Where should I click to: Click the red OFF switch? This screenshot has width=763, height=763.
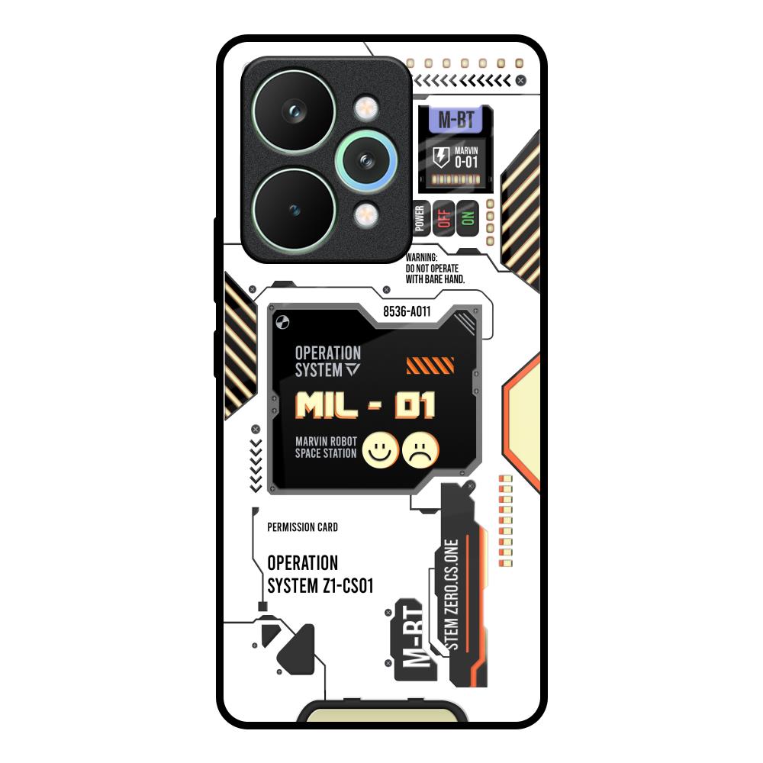[443, 218]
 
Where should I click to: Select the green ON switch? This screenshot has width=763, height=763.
[467, 218]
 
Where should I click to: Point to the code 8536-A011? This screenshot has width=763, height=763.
[407, 311]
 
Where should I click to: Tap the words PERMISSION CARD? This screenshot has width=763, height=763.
[303, 527]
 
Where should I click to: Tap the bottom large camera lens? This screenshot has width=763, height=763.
[294, 208]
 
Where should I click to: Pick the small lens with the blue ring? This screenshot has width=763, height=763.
[365, 160]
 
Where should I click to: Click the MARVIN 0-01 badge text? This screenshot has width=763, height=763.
[466, 158]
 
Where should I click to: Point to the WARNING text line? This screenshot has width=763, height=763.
[421, 259]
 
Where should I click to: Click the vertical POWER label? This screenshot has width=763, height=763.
[419, 218]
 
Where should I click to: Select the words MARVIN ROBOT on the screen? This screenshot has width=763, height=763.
[325, 441]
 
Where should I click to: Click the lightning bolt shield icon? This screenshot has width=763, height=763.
[441, 158]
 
